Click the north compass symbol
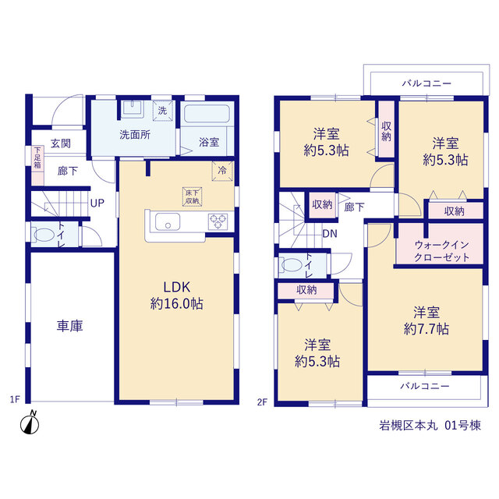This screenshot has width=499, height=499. click(30, 423)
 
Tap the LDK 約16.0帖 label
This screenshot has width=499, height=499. click(177, 296)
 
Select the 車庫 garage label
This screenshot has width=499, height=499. click(69, 326)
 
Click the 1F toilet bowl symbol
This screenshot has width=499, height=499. click(44, 235)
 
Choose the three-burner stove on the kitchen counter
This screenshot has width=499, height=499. click(218, 221)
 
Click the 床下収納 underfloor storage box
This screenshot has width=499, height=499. click(193, 196)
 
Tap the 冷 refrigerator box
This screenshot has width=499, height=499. click(222, 171)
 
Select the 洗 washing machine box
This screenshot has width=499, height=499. click(163, 111)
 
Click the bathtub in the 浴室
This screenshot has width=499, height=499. click(207, 114)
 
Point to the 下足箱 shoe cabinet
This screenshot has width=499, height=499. click(37, 165)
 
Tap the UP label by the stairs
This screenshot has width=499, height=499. click(97, 203)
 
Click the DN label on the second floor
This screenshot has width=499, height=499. click(330, 234)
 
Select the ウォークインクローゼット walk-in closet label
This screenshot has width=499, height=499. click(442, 251)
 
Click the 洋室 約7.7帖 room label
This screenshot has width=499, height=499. click(426, 320)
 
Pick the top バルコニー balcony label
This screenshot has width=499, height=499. click(426, 83)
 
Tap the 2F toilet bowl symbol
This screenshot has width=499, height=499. click(291, 265)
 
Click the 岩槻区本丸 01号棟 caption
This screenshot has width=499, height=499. click(430, 425)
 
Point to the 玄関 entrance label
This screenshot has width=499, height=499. click(61, 143)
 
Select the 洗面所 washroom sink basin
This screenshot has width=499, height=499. click(133, 108)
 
